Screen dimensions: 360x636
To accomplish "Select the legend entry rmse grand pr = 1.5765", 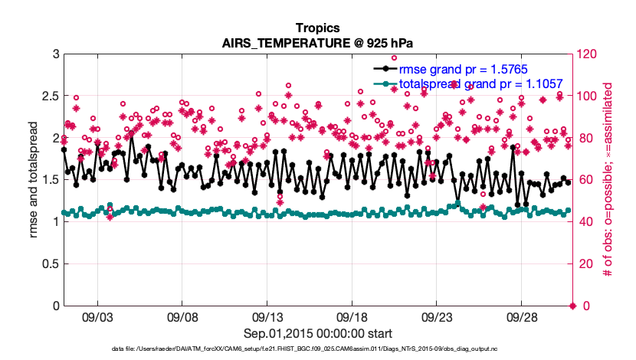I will pyautogui.click(x=463, y=69).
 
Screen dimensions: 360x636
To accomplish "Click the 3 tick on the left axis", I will pyautogui.click(x=56, y=54).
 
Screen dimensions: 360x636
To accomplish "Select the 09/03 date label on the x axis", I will pyautogui.click(x=97, y=316).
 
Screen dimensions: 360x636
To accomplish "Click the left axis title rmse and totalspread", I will pyautogui.click(x=34, y=180).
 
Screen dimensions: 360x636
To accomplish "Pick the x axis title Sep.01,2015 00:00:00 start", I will pyautogui.click(x=318, y=333).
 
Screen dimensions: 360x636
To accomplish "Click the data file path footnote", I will pyautogui.click(x=318, y=349).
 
